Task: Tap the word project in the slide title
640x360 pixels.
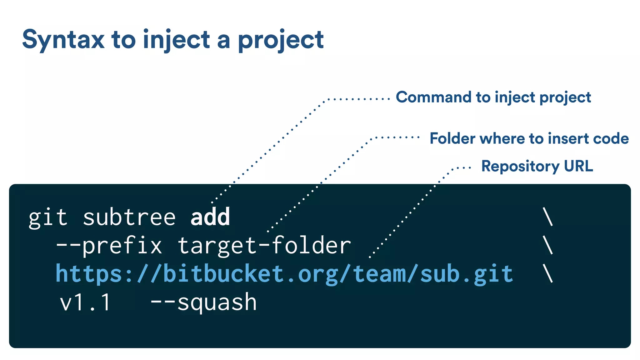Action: [x=281, y=40]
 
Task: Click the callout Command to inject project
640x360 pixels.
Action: [x=493, y=97]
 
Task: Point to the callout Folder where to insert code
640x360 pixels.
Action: [x=529, y=138]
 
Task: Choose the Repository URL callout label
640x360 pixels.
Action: [x=537, y=166]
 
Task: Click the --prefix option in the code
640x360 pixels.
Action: [x=109, y=246]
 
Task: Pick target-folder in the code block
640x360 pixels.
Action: [x=264, y=246]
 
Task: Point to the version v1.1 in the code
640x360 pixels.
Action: [x=85, y=302]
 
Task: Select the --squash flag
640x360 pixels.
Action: [x=203, y=302]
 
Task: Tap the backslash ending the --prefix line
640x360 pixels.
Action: [x=548, y=245]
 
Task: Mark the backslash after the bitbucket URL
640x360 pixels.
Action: [x=548, y=273]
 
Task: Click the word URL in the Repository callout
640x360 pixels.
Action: [x=578, y=166]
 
